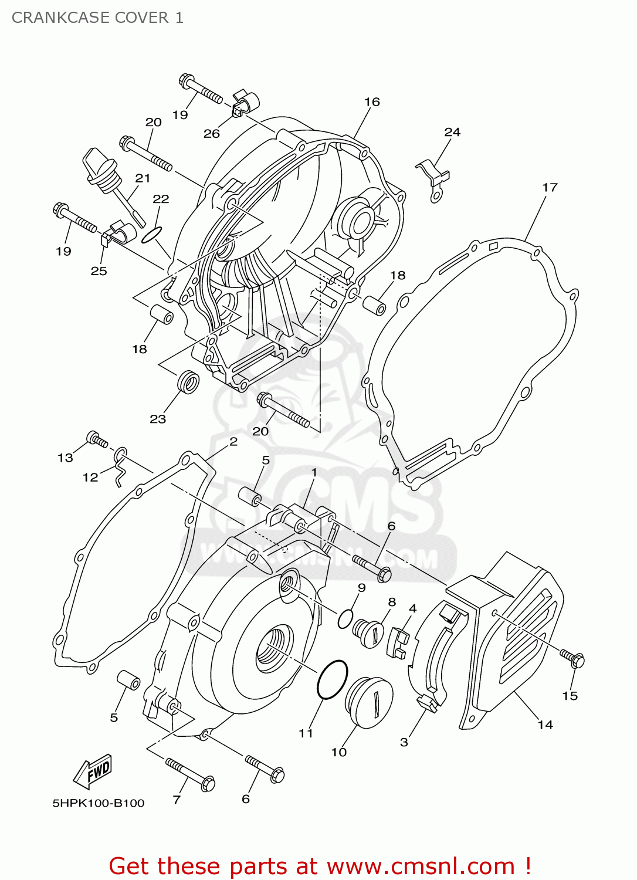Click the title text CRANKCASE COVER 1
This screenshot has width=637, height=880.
[x=97, y=18]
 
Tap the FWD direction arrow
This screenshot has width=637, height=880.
[x=93, y=771]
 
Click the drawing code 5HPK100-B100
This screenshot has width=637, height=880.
[x=99, y=803]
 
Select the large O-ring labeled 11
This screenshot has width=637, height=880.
[x=332, y=679]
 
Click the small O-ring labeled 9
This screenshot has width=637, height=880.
[x=345, y=618]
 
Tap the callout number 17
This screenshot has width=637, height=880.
[x=550, y=187]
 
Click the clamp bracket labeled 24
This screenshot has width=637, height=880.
[x=434, y=180]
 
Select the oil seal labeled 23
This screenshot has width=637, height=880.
[x=188, y=382]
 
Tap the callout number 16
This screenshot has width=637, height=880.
[x=372, y=102]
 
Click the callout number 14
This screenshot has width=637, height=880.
[x=545, y=725]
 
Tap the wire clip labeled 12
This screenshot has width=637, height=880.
[x=121, y=465]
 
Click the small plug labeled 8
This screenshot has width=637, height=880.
[x=368, y=632]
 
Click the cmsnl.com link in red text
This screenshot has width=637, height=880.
[x=420, y=867]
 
